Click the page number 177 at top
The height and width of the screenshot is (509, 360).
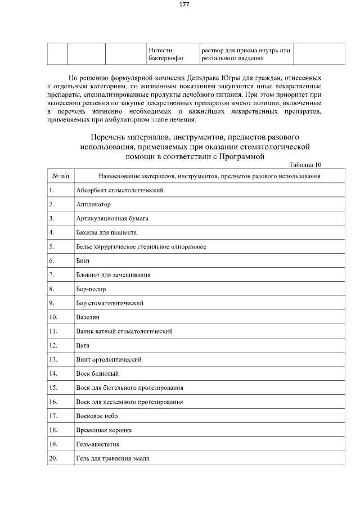(184, 4)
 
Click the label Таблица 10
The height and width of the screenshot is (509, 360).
(305, 165)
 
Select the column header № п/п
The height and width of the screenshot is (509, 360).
(60, 176)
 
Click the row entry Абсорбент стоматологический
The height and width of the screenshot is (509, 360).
(119, 190)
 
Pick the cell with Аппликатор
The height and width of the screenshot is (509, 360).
(93, 204)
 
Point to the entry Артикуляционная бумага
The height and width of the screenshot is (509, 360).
(112, 218)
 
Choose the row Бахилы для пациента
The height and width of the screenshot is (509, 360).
(106, 232)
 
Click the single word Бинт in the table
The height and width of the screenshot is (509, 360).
(83, 261)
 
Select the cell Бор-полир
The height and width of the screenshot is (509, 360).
(91, 289)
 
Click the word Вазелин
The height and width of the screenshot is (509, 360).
(88, 317)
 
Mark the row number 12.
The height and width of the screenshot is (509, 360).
(53, 345)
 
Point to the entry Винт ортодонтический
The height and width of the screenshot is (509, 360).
(108, 359)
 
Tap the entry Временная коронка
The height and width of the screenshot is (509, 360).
(103, 430)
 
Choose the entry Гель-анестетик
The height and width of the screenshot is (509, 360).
(97, 444)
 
